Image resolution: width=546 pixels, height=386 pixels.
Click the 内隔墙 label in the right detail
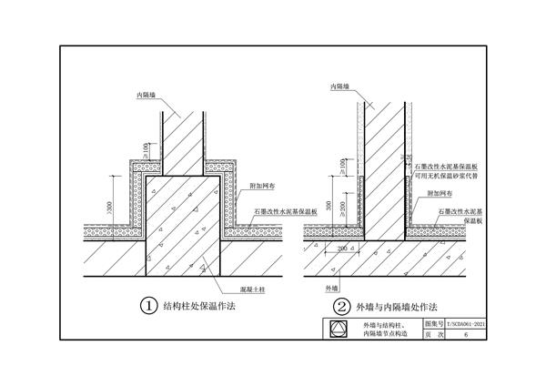click(x=337, y=86)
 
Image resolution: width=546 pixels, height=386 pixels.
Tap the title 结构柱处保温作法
click(x=200, y=307)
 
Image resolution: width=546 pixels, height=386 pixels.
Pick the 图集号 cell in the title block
click(x=434, y=323)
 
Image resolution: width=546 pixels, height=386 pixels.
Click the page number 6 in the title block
click(x=466, y=335)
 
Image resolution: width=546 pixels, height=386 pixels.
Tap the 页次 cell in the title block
click(x=434, y=335)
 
